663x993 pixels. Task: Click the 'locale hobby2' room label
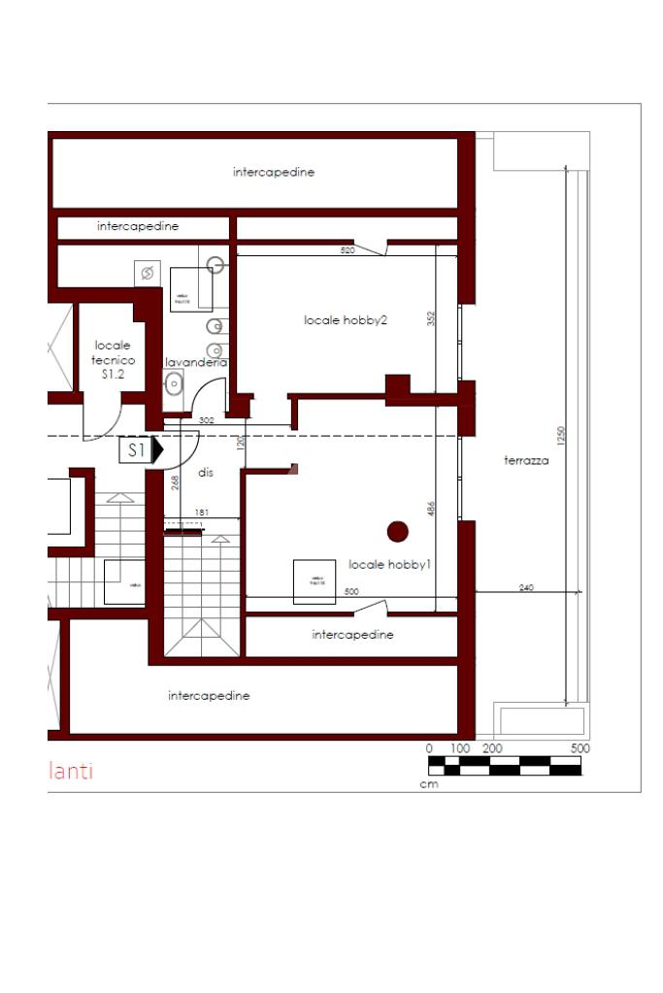[346, 320]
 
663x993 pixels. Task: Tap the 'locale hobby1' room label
[388, 565]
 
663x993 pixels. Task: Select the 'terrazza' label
[526, 461]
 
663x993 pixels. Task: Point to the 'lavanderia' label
[196, 362]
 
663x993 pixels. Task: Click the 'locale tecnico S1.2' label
[113, 359]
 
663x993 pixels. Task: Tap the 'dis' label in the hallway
[205, 473]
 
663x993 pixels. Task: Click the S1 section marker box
[136, 450]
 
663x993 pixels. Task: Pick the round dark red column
[397, 531]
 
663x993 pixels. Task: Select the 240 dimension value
[526, 587]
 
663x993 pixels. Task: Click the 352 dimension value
[431, 317]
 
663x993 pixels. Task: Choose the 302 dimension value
[206, 420]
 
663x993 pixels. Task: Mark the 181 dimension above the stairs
[201, 512]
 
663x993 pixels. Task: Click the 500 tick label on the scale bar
[580, 748]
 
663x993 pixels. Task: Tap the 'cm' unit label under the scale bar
[429, 784]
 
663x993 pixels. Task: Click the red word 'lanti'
[71, 772]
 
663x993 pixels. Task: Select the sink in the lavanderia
[174, 383]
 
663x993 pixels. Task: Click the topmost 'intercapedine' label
[274, 172]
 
